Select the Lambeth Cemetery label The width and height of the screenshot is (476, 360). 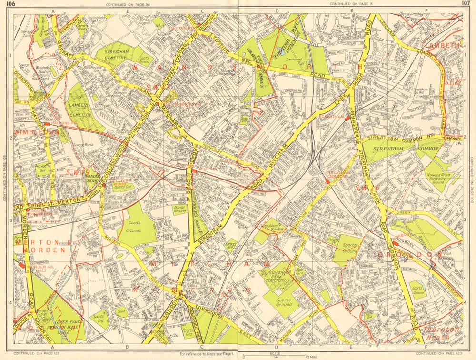point(80,109)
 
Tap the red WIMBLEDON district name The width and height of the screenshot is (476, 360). point(36,132)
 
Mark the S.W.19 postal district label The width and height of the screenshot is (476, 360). point(79,171)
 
